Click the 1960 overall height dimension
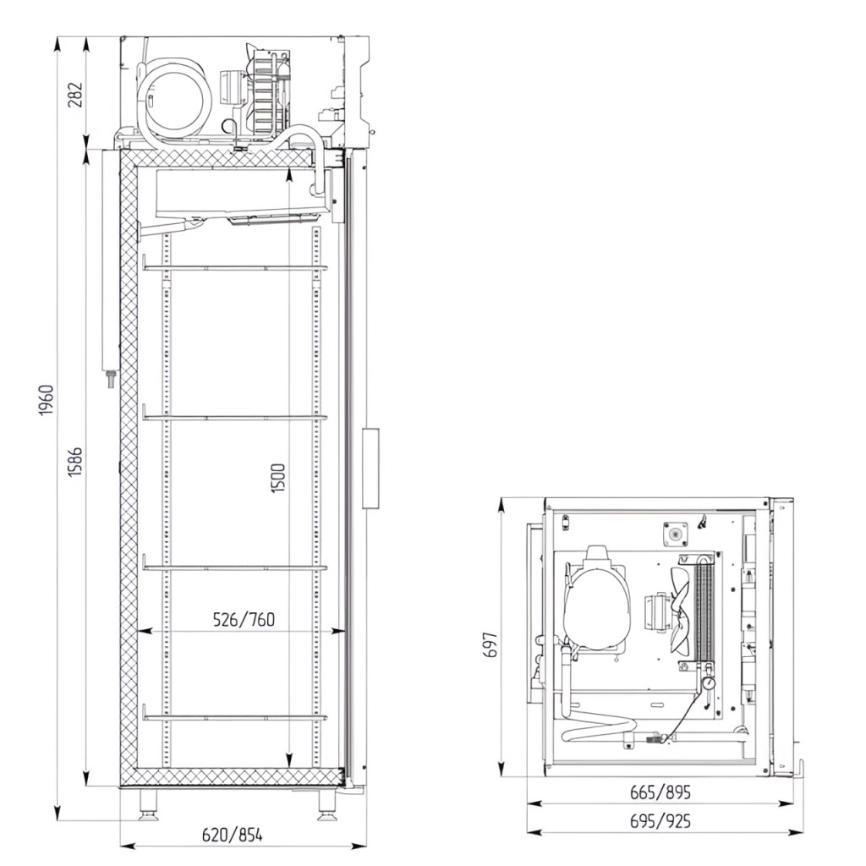(47, 400)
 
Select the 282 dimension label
(75, 95)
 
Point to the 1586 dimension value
(75, 461)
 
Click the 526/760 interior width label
(244, 620)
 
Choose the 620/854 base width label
(232, 835)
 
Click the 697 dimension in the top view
(491, 644)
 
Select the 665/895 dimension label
(660, 792)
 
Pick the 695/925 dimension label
(660, 821)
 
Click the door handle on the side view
(370, 468)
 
